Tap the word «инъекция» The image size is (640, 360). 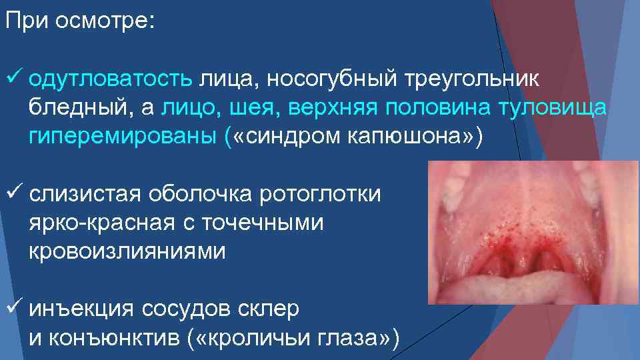pyautogui.click(x=83, y=309)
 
